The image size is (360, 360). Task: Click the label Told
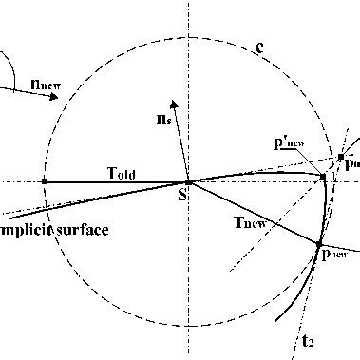click(x=120, y=170)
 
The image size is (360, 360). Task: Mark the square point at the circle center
click(x=188, y=180)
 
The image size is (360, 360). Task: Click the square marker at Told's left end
click(x=45, y=180)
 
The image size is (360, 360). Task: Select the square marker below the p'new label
click(x=323, y=177)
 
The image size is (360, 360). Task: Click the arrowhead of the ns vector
click(x=172, y=100)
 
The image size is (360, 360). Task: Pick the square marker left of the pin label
click(x=340, y=157)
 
